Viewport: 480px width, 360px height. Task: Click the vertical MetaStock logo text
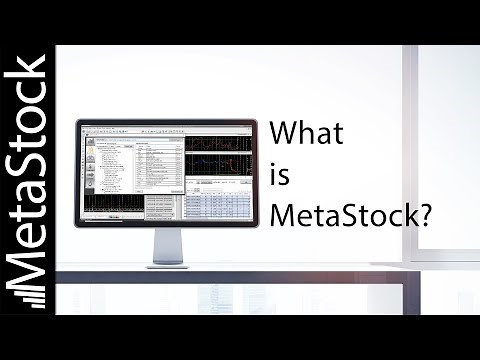(x=27, y=180)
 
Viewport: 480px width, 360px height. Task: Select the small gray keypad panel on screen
(x=162, y=208)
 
